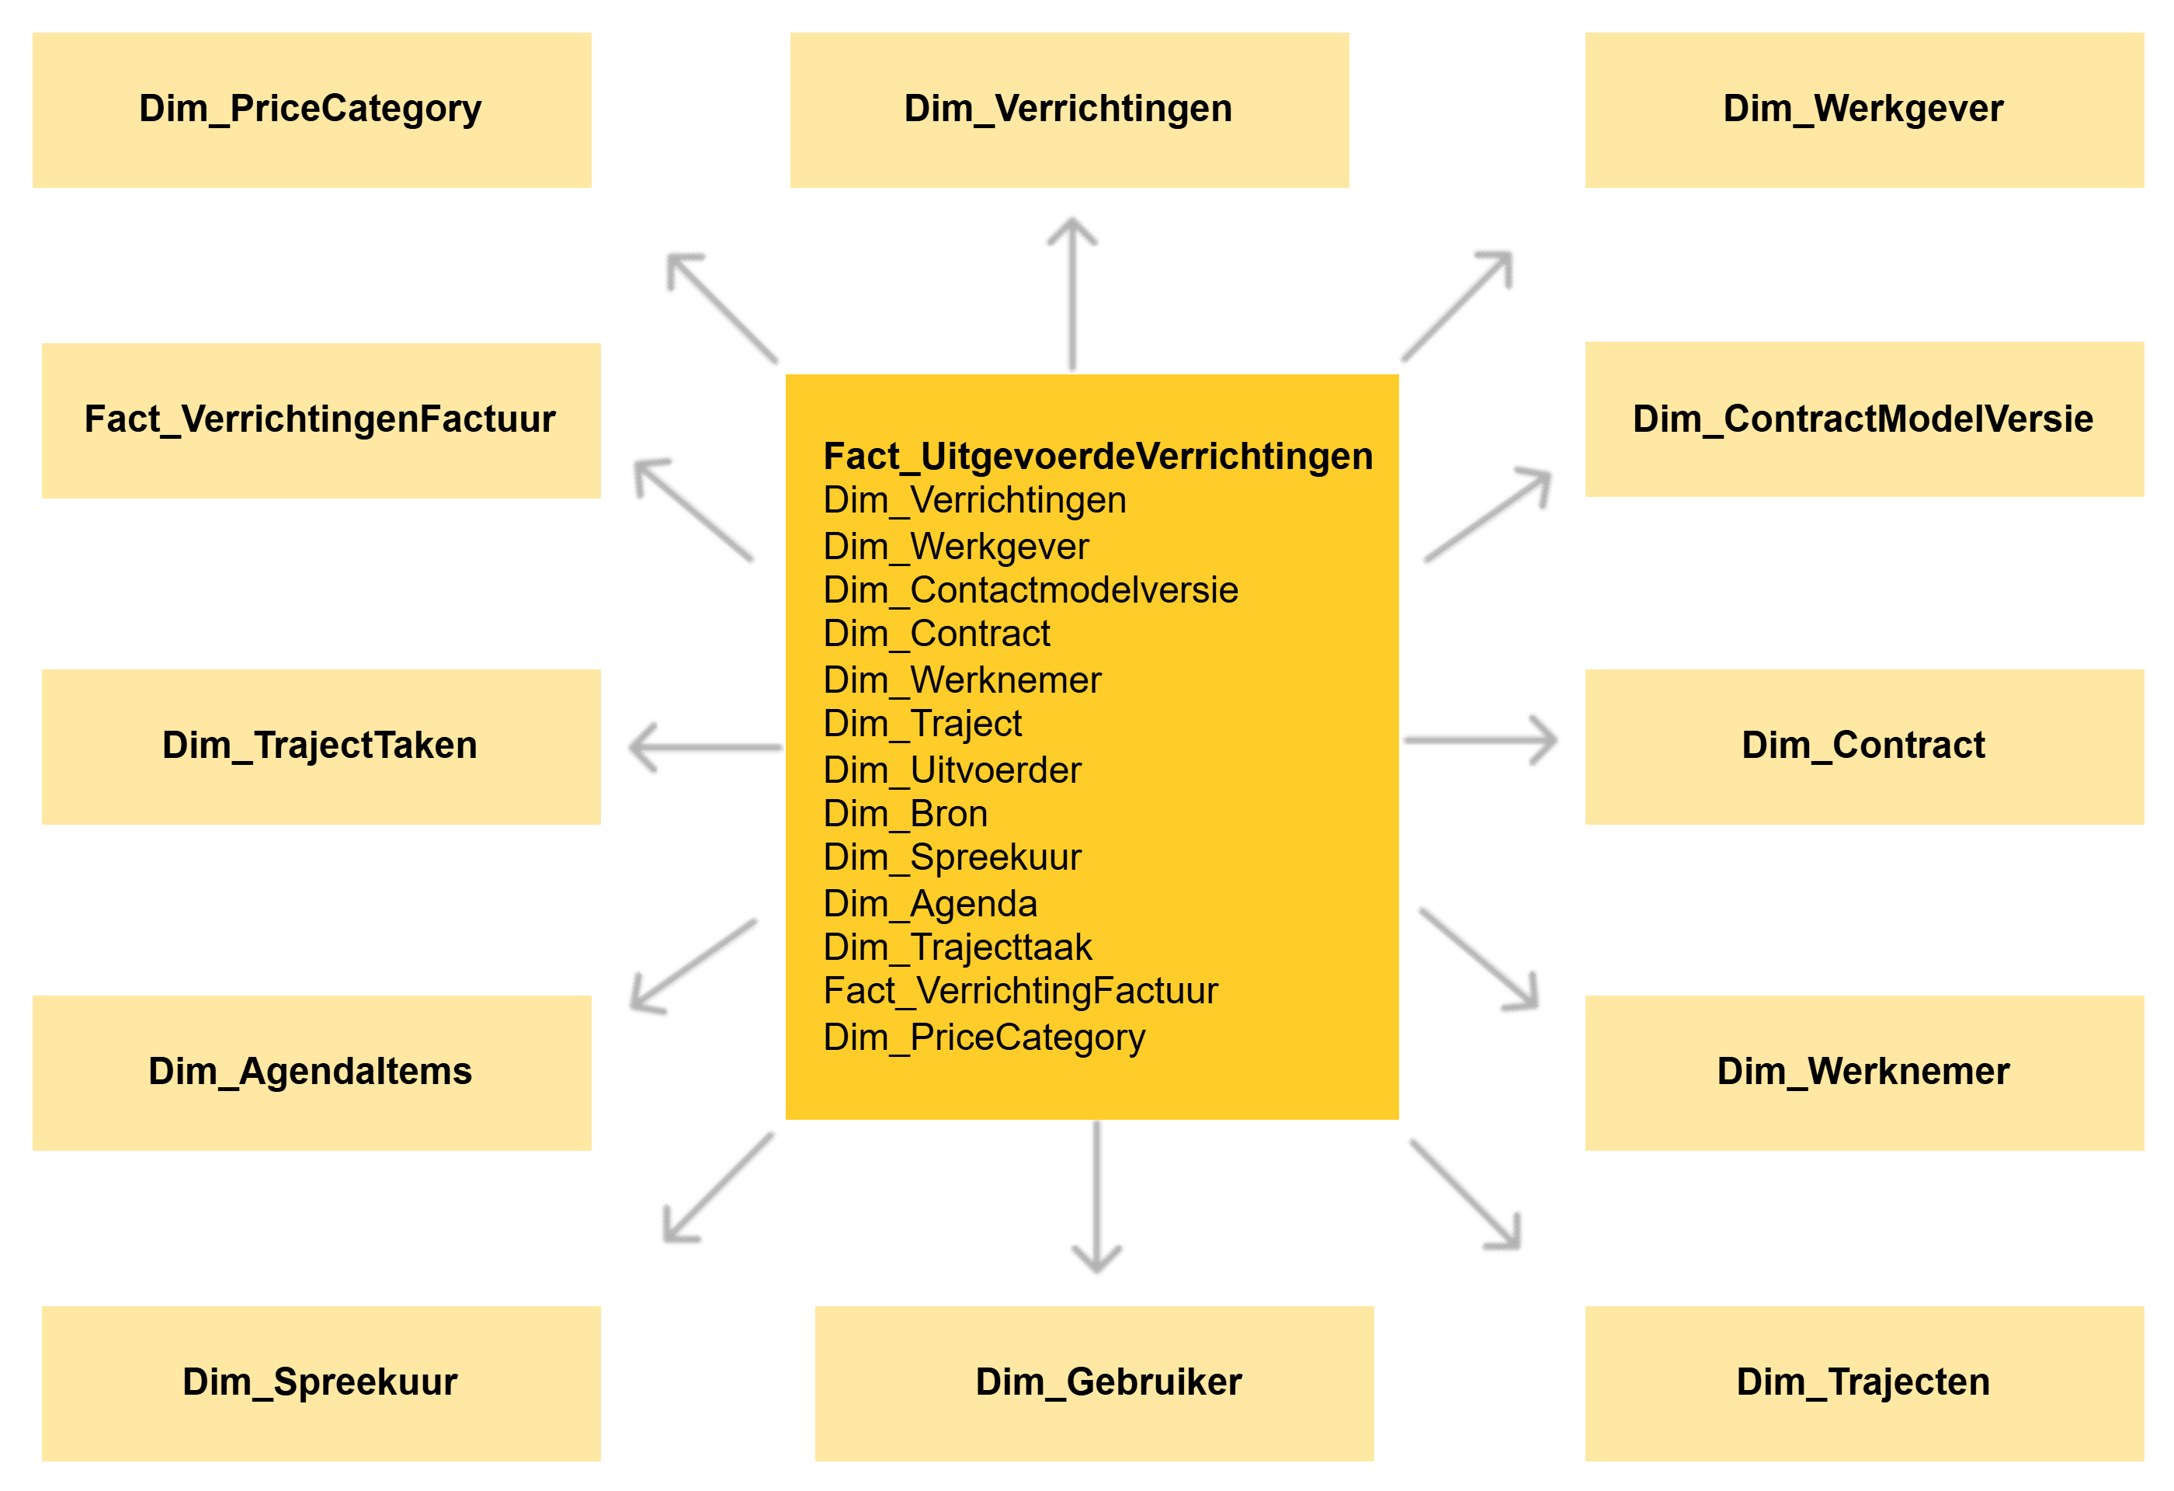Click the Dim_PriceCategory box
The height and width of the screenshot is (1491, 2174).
[x=311, y=110]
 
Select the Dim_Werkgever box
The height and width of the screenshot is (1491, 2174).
[x=1863, y=110]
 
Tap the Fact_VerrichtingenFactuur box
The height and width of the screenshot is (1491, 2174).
[x=321, y=420]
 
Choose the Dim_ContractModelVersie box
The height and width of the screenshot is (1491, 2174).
[x=1863, y=419]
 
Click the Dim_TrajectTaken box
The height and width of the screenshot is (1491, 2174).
[x=321, y=746]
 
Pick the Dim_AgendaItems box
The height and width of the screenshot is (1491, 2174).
[x=311, y=1072]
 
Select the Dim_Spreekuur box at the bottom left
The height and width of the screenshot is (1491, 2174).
[x=321, y=1382]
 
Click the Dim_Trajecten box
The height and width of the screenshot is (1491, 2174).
[x=1863, y=1382]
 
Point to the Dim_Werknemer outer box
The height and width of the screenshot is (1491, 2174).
[x=1863, y=1072]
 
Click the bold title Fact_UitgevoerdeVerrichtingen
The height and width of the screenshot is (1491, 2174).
[x=1097, y=457]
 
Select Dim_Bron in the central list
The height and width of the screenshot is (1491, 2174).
[x=905, y=814]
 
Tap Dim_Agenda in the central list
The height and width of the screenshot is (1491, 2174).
[x=930, y=904]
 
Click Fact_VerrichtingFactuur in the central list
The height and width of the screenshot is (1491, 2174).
[x=1019, y=991]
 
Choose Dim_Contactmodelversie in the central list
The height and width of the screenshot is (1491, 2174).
[x=1030, y=590]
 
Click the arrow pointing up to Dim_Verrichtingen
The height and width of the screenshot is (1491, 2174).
[x=1075, y=294]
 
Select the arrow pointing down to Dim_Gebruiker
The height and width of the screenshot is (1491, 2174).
[x=1092, y=1198]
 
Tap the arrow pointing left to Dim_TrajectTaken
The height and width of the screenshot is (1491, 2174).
[x=704, y=745]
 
